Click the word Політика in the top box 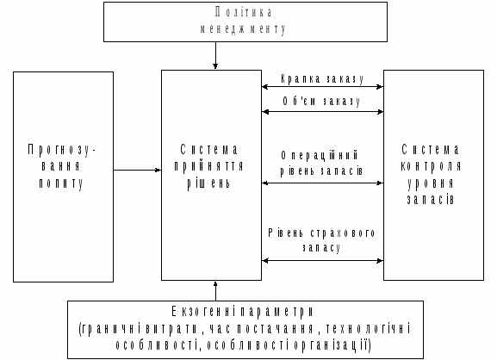(x=243, y=12)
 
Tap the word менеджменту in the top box (x=243, y=28)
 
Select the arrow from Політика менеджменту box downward (x=215, y=55)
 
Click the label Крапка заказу (x=322, y=78)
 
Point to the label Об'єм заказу (x=321, y=101)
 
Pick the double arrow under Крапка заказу (x=323, y=86)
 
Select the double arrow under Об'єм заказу (x=323, y=112)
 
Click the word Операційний (x=320, y=155)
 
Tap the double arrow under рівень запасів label (x=323, y=183)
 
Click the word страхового (x=343, y=233)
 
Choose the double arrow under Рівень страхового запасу (x=323, y=260)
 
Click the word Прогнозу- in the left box (x=61, y=150)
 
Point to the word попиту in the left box (x=61, y=183)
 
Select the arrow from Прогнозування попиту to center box (x=137, y=171)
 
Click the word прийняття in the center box (x=208, y=166)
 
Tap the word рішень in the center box (x=208, y=183)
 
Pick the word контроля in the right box (x=431, y=166)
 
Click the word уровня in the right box (x=431, y=183)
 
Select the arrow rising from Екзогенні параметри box (x=215, y=291)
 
